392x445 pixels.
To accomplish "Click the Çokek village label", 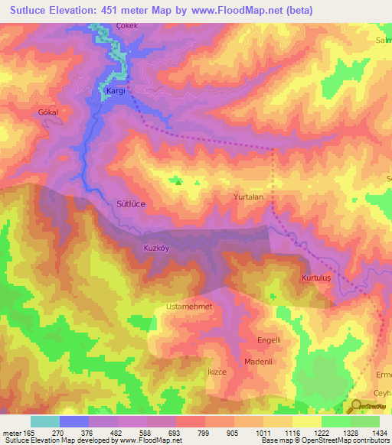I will (x=126, y=25).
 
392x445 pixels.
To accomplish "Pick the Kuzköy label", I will (x=155, y=248).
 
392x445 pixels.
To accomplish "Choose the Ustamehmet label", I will (x=188, y=307).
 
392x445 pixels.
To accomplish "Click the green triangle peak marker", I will (x=178, y=181).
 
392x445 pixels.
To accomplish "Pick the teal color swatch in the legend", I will (x=45, y=421).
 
